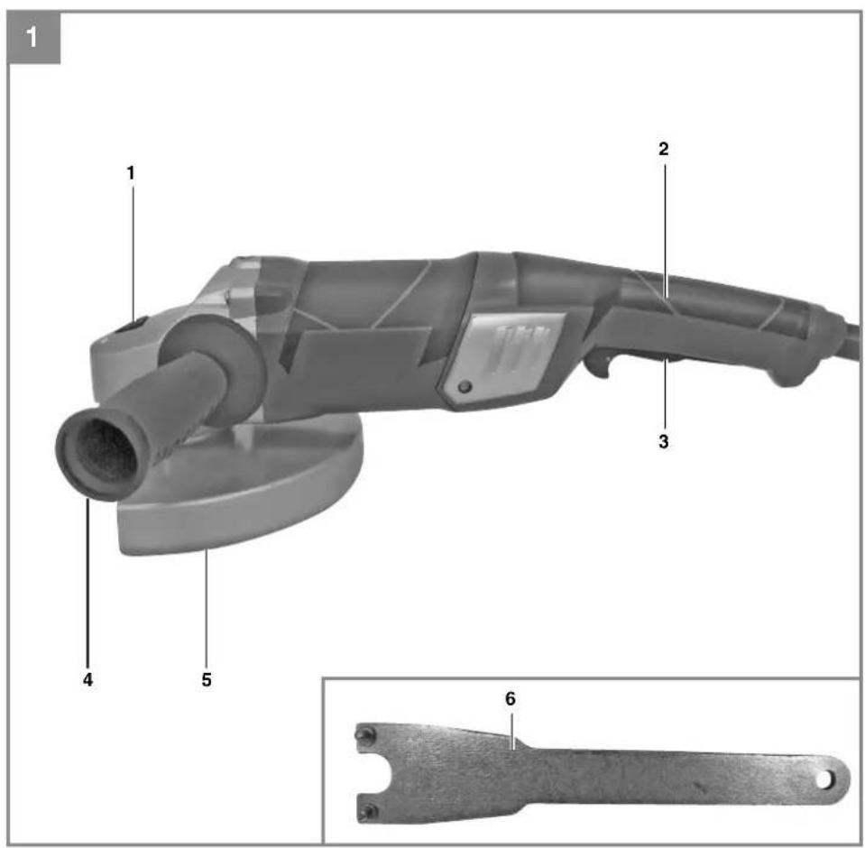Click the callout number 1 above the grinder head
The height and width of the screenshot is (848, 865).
coord(131,173)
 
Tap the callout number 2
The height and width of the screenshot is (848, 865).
coord(664,149)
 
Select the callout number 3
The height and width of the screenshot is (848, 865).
coord(664,441)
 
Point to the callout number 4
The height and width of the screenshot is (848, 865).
coord(87,679)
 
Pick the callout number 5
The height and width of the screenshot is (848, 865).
coord(207,679)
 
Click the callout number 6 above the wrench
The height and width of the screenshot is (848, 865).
coord(511,699)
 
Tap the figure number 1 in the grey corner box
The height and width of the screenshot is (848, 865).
coord(32,38)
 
